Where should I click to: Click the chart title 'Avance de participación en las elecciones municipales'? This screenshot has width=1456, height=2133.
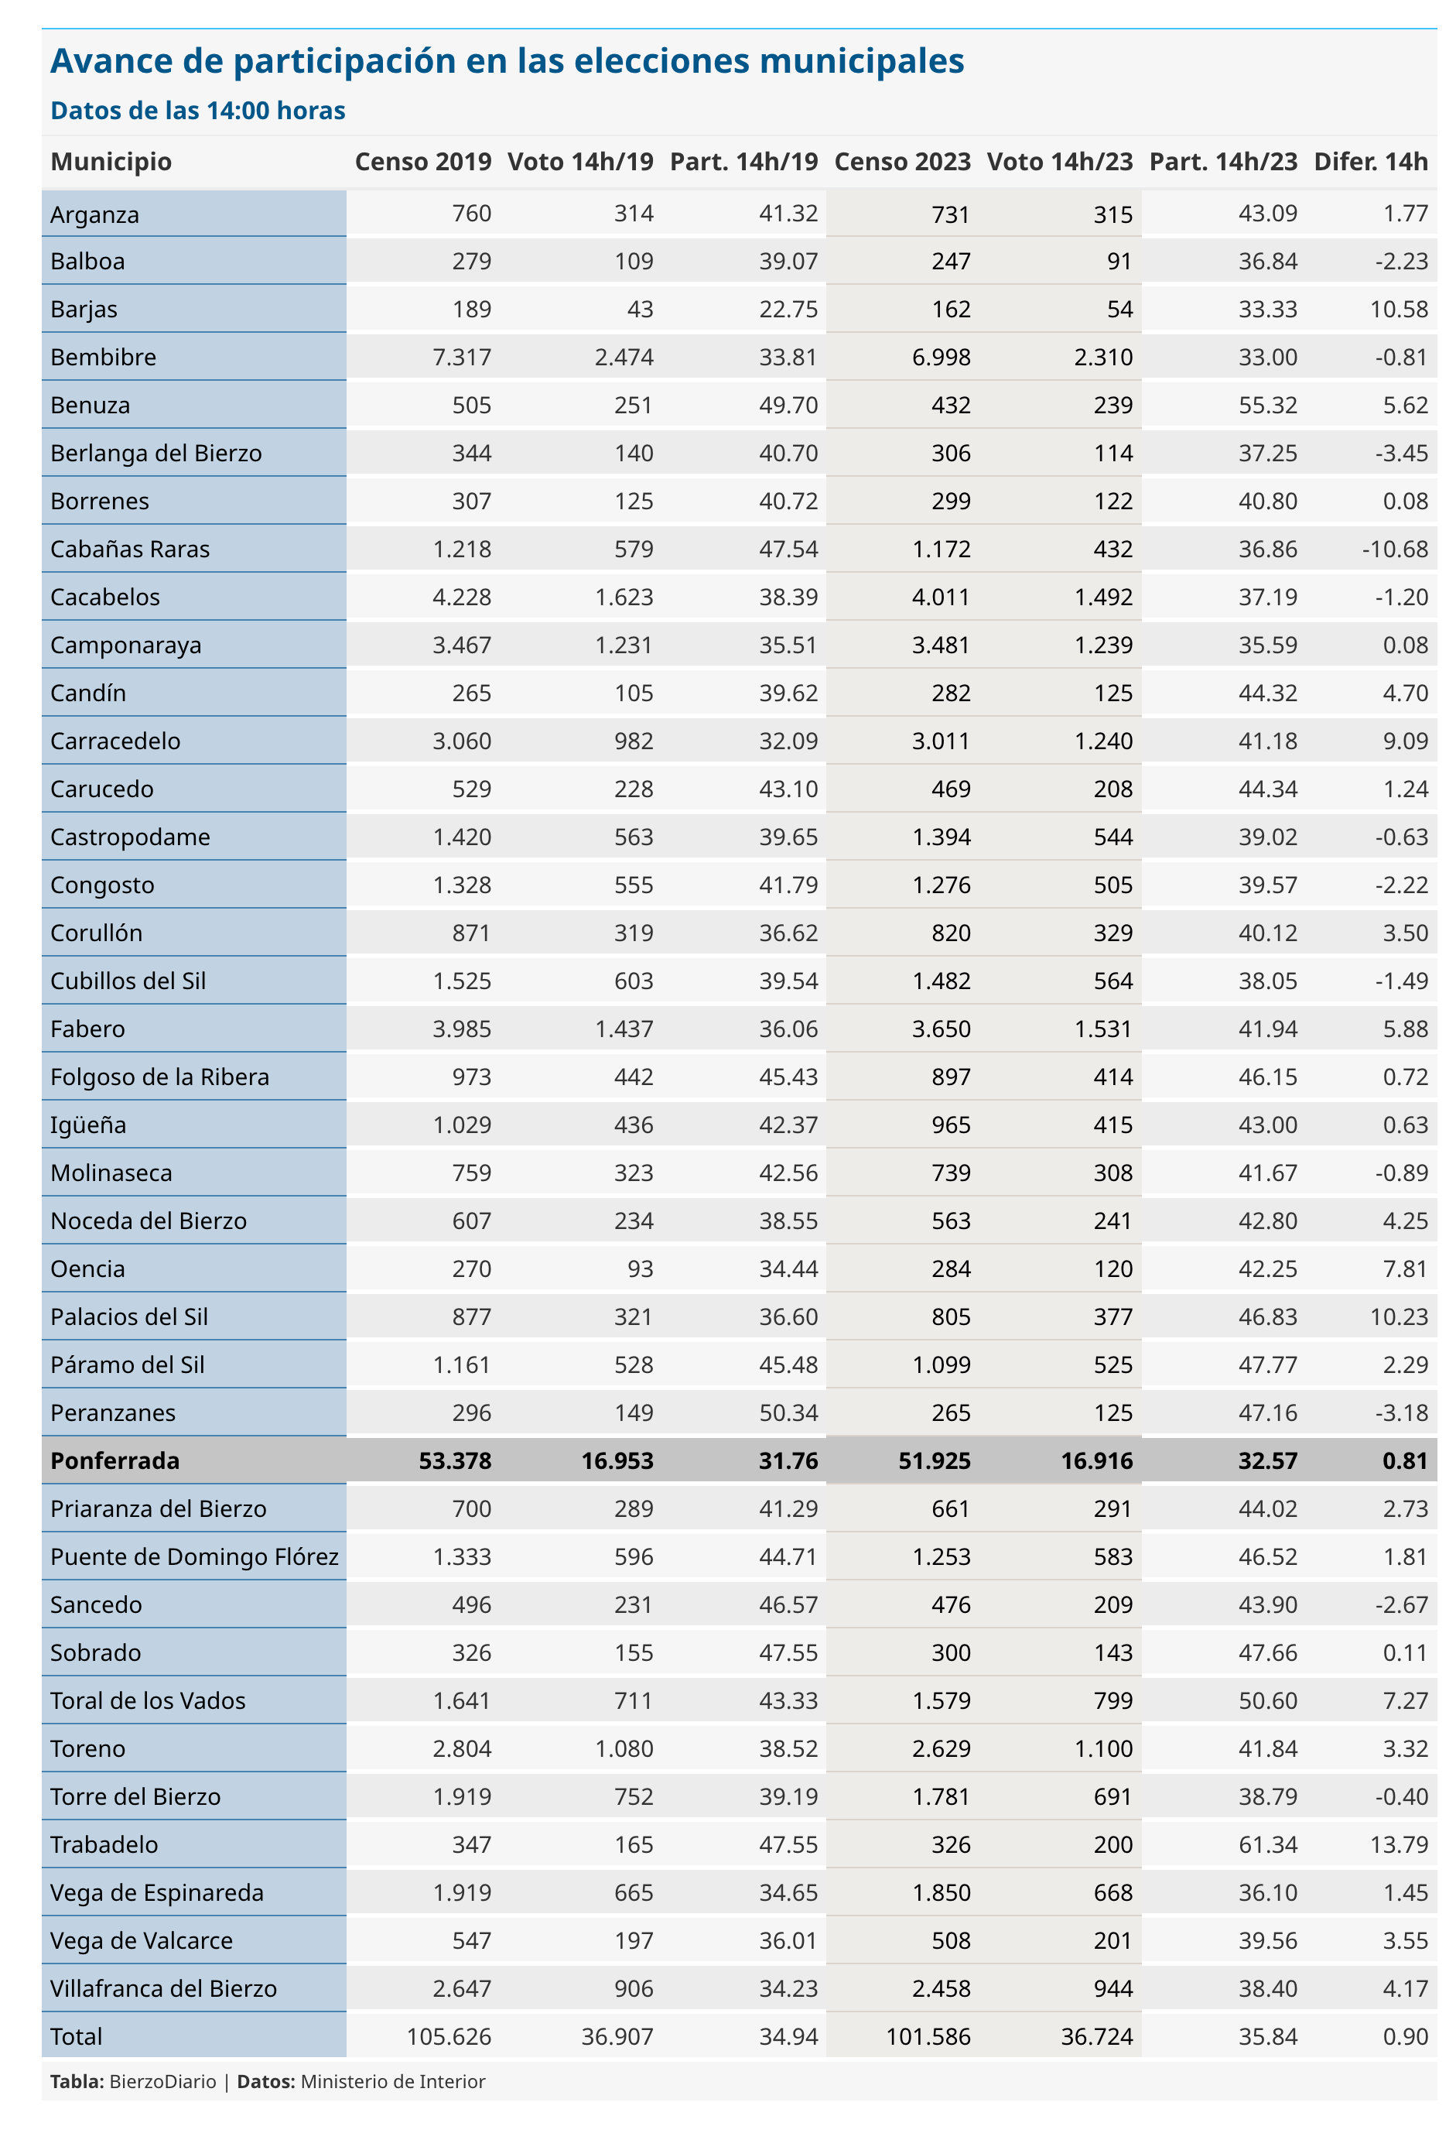(x=508, y=61)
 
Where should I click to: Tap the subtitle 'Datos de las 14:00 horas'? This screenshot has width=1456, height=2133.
(x=198, y=111)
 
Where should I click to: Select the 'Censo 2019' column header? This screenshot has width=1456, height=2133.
(x=423, y=162)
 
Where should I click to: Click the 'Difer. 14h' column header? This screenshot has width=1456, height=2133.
(x=1371, y=162)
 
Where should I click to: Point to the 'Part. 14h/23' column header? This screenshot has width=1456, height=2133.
(x=1223, y=162)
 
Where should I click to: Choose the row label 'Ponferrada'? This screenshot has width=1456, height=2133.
(x=115, y=1460)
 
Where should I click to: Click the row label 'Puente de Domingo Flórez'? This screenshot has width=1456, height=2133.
(x=194, y=1556)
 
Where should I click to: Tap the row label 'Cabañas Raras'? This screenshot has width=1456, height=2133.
(x=130, y=549)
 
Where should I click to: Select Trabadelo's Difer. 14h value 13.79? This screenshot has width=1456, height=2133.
(x=1399, y=1844)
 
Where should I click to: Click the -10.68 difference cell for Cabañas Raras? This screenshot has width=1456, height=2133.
(x=1396, y=549)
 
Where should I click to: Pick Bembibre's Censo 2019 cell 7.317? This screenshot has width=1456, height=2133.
(x=463, y=357)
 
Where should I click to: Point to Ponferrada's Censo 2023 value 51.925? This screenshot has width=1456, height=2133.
(x=934, y=1460)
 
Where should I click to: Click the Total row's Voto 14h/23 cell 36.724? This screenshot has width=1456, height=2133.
(x=1096, y=2035)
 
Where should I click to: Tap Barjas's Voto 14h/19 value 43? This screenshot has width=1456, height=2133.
(x=641, y=310)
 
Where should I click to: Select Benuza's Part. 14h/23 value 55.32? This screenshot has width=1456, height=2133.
(x=1268, y=405)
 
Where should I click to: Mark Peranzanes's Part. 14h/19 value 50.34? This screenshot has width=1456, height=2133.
(x=788, y=1412)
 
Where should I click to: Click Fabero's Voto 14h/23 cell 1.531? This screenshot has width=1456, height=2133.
(x=1104, y=1029)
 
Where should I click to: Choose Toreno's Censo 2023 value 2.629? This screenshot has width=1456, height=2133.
(x=942, y=1748)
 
